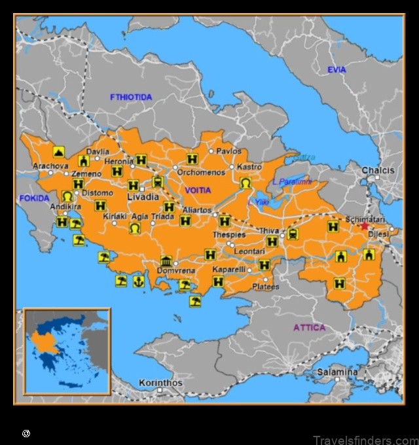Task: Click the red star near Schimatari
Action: [365, 225]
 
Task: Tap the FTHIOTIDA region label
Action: [131, 98]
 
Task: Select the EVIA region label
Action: [337, 69]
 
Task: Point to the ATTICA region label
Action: [309, 327]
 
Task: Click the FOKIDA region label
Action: [33, 198]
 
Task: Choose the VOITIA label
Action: [198, 190]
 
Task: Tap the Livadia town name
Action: [143, 197]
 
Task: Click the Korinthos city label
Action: [160, 383]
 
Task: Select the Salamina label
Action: [337, 372]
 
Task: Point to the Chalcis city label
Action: [378, 170]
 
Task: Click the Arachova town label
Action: [50, 166]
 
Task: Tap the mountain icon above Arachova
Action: [59, 152]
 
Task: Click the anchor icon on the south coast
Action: [138, 281]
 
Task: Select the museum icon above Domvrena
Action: [166, 261]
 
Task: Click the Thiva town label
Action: [269, 230]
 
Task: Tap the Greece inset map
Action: [67, 351]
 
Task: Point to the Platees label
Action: [266, 287]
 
